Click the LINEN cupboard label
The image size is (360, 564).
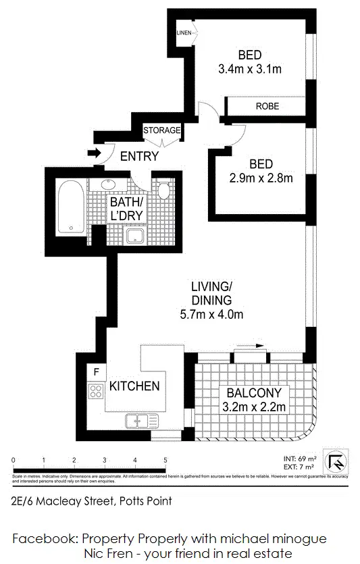tap(184, 32)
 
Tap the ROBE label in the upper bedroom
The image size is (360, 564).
tap(267, 106)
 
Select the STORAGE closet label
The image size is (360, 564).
tap(161, 130)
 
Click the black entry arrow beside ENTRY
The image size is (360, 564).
tap(95, 154)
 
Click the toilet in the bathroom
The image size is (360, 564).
tap(163, 189)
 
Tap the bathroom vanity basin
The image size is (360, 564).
tap(108, 184)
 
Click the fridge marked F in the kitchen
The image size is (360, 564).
tap(96, 371)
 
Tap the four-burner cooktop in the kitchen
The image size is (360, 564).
tap(95, 392)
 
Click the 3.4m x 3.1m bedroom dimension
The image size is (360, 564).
tap(249, 68)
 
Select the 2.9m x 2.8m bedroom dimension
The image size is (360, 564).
tap(261, 178)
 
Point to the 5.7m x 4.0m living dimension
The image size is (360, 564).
tap(211, 314)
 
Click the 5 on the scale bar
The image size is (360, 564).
tap(165, 460)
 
